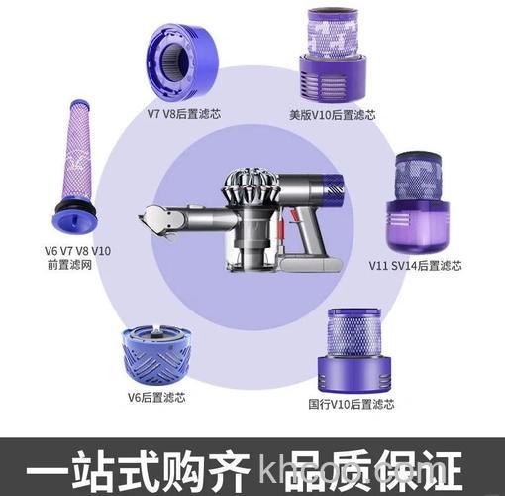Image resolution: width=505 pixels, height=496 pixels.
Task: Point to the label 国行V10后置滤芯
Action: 352,405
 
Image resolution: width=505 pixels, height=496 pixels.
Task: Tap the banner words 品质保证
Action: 376,467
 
